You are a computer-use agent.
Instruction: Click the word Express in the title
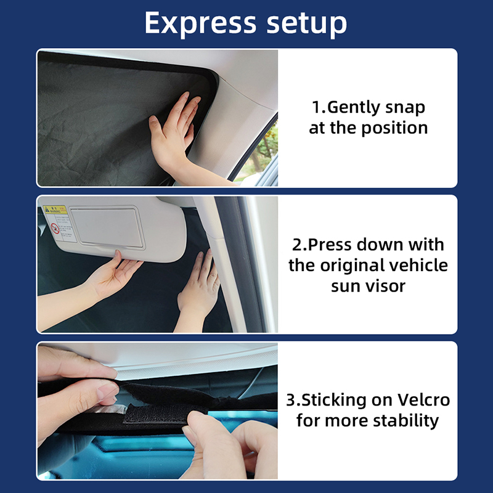(x=200, y=23)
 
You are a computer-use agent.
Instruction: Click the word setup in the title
(x=307, y=25)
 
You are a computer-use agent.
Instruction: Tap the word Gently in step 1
(x=353, y=108)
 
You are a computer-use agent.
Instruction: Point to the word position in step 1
(x=394, y=128)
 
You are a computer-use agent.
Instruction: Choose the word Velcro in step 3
(x=423, y=400)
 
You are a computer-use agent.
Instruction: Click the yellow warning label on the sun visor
(x=55, y=210)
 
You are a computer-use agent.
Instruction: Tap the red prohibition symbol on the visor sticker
(x=55, y=228)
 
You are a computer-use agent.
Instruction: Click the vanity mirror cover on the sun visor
(x=107, y=227)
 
